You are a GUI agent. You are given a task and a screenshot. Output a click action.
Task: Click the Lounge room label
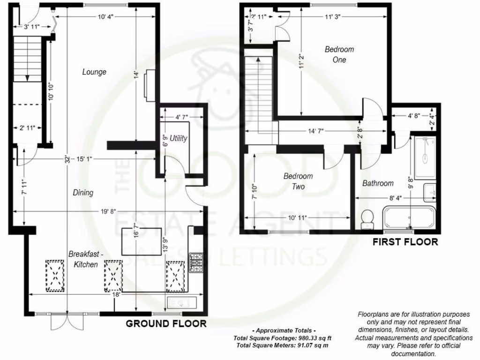point(94,72)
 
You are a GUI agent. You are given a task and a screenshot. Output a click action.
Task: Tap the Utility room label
point(179,138)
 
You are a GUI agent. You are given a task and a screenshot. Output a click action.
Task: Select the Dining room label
point(83,192)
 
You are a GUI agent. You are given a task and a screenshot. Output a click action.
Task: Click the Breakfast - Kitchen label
point(83,259)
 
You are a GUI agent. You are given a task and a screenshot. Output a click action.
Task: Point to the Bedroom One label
point(339,54)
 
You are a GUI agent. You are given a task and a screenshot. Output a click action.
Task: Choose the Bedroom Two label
point(298,181)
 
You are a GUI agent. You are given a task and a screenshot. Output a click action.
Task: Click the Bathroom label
point(378,183)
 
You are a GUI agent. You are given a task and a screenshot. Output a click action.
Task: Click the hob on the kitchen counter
point(195,263)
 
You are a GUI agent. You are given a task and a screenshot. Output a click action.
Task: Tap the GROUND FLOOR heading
point(166,323)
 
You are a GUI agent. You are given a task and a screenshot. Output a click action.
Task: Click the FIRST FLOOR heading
point(405,242)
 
